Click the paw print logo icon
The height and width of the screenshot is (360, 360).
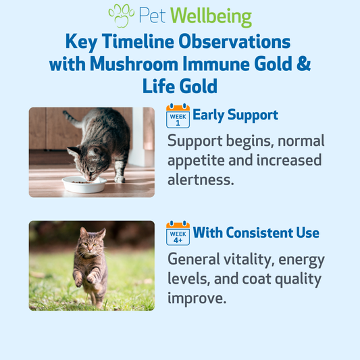click(x=122, y=16)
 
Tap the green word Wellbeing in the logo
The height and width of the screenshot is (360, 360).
click(x=211, y=17)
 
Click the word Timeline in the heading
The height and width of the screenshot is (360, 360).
click(x=138, y=41)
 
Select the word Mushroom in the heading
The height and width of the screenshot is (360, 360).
click(x=134, y=63)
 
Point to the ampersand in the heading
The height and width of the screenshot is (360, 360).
click(x=303, y=63)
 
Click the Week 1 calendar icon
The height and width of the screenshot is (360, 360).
click(x=178, y=115)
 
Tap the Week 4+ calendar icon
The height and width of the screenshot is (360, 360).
click(x=178, y=233)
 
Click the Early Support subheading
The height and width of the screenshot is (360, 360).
click(x=235, y=115)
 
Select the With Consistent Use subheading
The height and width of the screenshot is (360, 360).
click(x=256, y=232)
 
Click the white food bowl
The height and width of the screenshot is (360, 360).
click(x=84, y=184)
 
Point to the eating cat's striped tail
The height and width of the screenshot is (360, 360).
click(x=72, y=119)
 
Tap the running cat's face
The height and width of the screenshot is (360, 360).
click(x=91, y=243)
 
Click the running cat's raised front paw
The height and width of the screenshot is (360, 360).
click(x=91, y=279)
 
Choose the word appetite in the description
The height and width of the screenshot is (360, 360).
click(x=196, y=161)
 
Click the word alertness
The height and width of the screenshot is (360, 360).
click(x=201, y=180)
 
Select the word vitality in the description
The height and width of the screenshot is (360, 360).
click(x=249, y=259)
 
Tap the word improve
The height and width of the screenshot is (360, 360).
click(x=197, y=299)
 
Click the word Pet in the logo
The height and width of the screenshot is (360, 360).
click(x=152, y=16)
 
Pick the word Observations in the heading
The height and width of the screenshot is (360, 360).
click(x=234, y=41)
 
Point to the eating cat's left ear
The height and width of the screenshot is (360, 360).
click(x=74, y=151)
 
